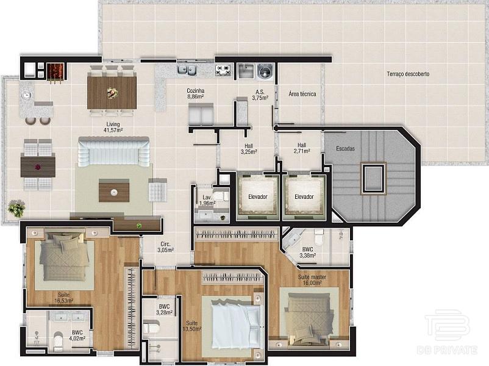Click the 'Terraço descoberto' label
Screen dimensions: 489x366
(408, 74)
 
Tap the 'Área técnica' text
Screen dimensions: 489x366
(302, 94)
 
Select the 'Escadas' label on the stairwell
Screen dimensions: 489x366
(345, 148)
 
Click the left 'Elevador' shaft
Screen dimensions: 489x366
(258, 196)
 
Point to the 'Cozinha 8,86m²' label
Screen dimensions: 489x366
(196, 93)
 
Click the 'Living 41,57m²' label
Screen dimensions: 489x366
(113, 127)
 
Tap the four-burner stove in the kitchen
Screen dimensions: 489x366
(223, 70)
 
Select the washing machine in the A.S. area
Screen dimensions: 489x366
(265, 71)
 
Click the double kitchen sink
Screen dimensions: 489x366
(187, 70)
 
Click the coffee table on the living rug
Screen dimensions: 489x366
(114, 190)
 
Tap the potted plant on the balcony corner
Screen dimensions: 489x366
(16, 208)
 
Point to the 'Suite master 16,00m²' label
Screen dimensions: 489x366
(312, 280)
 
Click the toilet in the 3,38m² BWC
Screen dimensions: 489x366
(319, 237)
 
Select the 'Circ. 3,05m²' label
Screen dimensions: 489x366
(165, 247)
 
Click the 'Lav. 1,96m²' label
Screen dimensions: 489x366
(207, 200)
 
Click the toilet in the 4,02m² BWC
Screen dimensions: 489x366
(59, 342)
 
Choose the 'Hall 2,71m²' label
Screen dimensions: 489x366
(302, 148)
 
